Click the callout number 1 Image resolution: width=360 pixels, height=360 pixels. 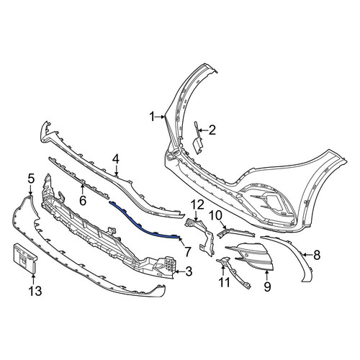pos(152,117)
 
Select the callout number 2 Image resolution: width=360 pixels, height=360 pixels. pos(212,130)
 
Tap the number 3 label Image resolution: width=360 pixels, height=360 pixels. pos(189,271)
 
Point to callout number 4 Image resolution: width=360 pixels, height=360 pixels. pos(116,159)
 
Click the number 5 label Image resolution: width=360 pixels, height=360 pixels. pos(31,179)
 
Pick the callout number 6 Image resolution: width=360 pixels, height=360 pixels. pos(83,201)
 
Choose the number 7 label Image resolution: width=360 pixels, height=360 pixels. pos(187,252)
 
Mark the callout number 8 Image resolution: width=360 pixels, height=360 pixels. pos(317,255)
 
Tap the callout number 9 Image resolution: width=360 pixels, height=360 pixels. pos(267,287)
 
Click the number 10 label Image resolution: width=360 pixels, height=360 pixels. pos(216,216)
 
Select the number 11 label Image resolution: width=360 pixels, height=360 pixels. pos(224,282)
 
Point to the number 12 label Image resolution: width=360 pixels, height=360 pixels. pos(197,204)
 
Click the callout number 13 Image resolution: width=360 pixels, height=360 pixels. pos(35,292)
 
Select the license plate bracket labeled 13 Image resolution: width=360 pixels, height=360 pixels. pos(24,258)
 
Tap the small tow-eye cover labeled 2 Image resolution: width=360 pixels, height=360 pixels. pos(197,139)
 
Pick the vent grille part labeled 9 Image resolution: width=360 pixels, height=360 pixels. pos(251,256)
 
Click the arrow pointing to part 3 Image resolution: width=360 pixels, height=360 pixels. pos(180,272)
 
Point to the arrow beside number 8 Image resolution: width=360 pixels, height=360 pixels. pos(307,255)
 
